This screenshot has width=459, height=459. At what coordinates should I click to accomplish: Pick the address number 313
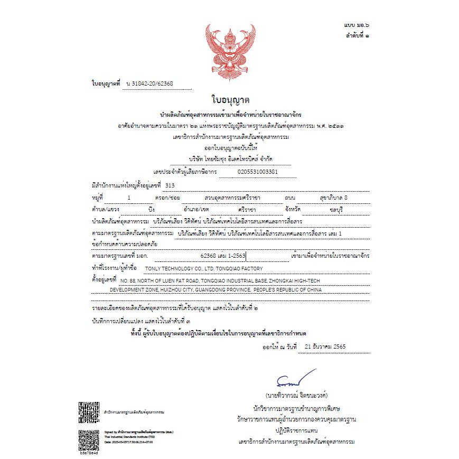170,185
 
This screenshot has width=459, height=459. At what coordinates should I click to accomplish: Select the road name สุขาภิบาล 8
334,197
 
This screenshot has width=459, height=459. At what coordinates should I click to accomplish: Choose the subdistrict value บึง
137,209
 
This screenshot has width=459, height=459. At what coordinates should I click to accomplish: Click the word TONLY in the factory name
154,269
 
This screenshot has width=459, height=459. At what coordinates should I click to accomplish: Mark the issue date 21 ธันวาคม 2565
323,347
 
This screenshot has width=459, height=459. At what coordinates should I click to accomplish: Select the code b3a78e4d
89,453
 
